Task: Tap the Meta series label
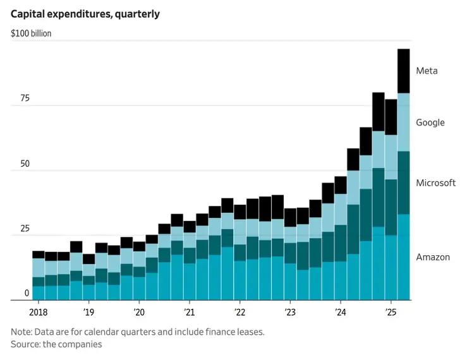pyautogui.click(x=427, y=71)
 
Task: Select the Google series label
pyautogui.click(x=430, y=123)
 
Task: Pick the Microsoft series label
pyautogui.click(x=435, y=183)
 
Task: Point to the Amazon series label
pyautogui.click(x=433, y=257)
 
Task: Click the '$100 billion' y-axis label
pyautogui.click(x=31, y=33)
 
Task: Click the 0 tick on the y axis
pyautogui.click(x=27, y=294)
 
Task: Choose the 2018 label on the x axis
pyautogui.click(x=39, y=312)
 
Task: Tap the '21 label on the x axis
pyautogui.click(x=189, y=312)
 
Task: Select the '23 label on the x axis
pyautogui.click(x=290, y=312)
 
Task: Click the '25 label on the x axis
pyautogui.click(x=390, y=312)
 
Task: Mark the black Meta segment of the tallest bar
pyautogui.click(x=403, y=71)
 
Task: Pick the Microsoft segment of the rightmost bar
pyautogui.click(x=403, y=183)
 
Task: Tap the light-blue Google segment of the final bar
pyautogui.click(x=403, y=123)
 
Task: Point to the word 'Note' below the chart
pyautogui.click(x=21, y=332)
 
